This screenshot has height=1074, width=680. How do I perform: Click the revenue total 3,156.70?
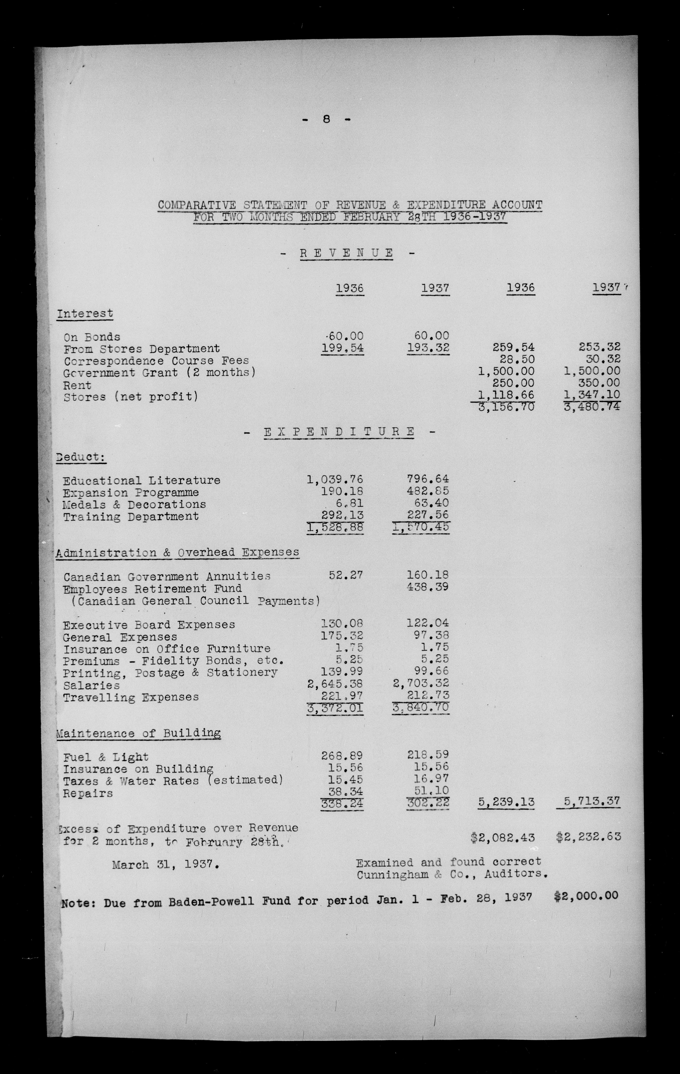coord(506,407)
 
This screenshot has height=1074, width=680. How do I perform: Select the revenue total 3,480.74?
coord(592,407)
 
